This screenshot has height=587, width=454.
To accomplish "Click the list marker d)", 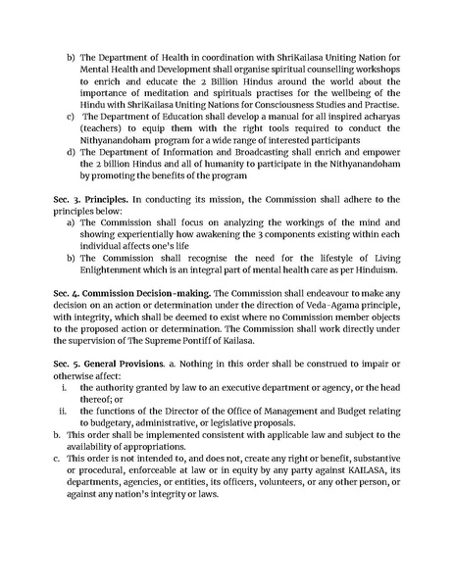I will click(x=71, y=152).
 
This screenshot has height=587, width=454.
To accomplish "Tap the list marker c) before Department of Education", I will click(x=71, y=117).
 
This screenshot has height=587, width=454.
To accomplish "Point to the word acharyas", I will click(x=376, y=117).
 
